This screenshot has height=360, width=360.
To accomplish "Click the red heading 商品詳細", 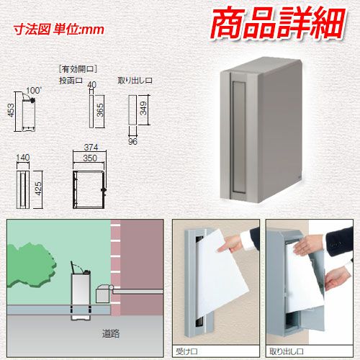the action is (x=278, y=22).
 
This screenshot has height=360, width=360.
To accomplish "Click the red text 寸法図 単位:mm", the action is (x=59, y=30).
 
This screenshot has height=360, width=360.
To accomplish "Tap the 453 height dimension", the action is (x=11, y=110).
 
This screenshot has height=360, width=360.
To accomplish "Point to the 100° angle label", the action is (x=34, y=91).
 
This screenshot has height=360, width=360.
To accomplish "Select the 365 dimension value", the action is (x=100, y=110).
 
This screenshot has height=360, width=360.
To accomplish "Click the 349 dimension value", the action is (x=143, y=108).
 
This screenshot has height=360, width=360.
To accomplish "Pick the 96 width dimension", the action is (x=132, y=142).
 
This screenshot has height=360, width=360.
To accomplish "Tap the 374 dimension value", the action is (x=91, y=147).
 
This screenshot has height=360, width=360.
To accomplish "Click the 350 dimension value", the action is (x=90, y=158).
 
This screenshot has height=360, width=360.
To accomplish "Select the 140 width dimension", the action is (x=23, y=158).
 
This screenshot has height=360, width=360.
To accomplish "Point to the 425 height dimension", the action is (x=38, y=189).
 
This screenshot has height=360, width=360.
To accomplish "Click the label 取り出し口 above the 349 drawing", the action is (x=135, y=81).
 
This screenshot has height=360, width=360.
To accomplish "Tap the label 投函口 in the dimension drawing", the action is (x=71, y=81).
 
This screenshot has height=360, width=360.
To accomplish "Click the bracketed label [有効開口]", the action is (x=78, y=69).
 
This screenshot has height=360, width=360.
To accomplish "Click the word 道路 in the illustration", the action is (x=111, y=333).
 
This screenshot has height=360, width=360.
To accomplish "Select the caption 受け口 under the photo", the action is (x=186, y=351).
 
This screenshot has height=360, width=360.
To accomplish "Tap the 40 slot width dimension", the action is (x=92, y=84).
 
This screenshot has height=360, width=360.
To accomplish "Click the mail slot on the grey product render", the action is (x=238, y=138).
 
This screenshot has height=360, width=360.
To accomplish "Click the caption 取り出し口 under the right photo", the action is (x=287, y=351).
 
